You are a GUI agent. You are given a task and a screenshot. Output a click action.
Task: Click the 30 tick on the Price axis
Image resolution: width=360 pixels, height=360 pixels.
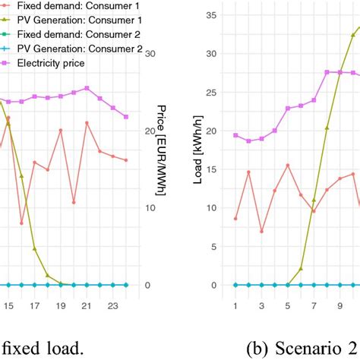150,54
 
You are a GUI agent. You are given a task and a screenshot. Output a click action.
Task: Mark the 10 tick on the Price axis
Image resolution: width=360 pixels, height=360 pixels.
150,208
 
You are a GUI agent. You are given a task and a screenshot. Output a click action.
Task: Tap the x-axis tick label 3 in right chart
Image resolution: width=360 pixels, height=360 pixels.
261,307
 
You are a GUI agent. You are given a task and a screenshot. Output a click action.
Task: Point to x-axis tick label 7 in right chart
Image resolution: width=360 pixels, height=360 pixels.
314,307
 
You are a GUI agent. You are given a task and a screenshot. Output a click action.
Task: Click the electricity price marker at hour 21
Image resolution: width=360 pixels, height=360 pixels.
87,88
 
